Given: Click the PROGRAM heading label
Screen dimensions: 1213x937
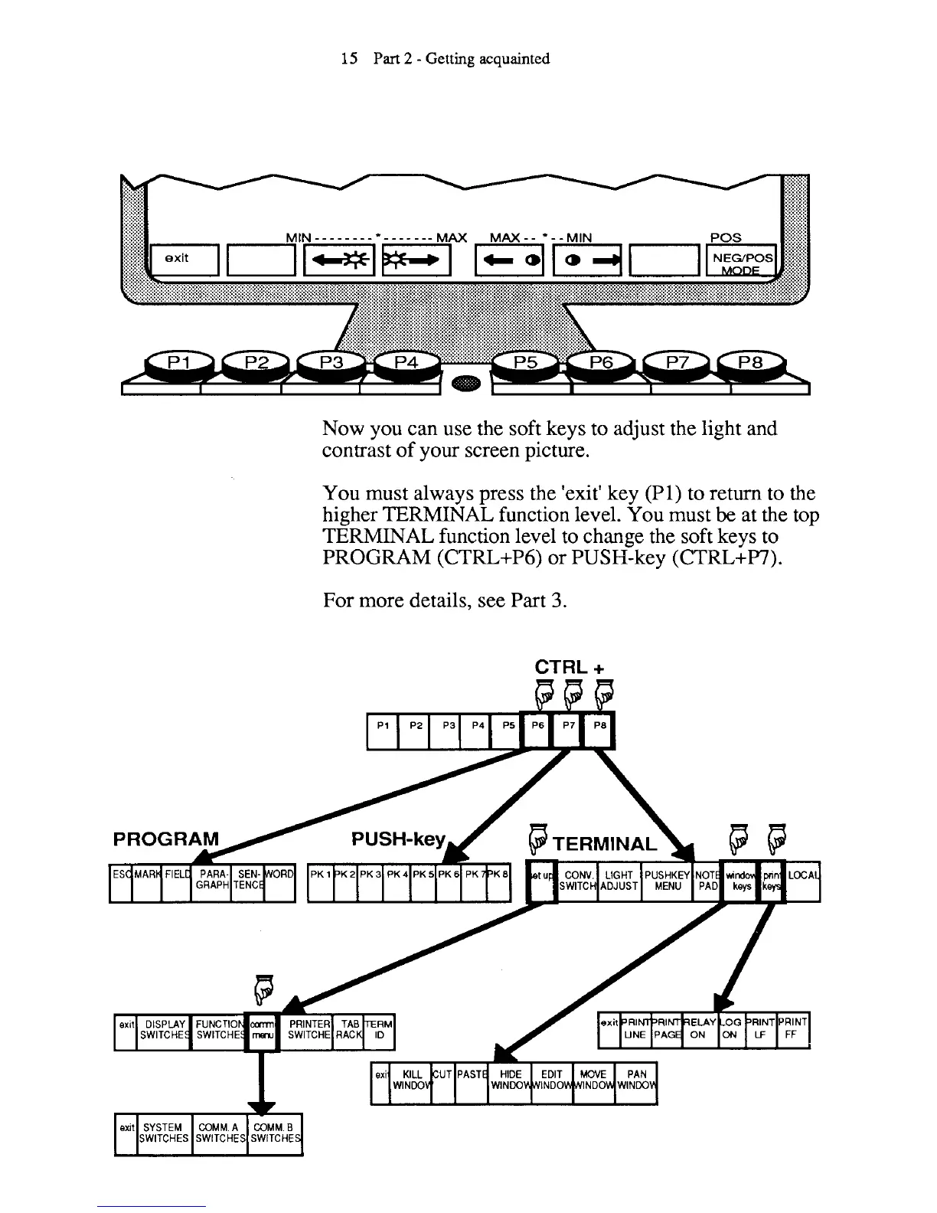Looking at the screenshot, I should tap(165, 839).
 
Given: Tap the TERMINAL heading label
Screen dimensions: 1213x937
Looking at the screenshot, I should tap(605, 844).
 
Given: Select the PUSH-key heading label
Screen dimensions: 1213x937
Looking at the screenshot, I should tap(398, 839).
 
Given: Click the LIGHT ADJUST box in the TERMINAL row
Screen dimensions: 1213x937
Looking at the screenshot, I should tap(619, 881).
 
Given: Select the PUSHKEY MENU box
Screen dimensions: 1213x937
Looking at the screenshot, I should tap(668, 881).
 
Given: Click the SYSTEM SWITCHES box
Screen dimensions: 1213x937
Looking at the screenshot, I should tap(164, 1133).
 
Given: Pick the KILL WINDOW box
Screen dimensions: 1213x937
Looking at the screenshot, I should tap(411, 1080).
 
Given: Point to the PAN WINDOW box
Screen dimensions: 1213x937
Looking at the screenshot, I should tap(636, 1080).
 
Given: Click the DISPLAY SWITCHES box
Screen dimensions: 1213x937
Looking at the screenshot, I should tap(165, 1029).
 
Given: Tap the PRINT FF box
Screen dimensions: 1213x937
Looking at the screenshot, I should tap(793, 1029).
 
